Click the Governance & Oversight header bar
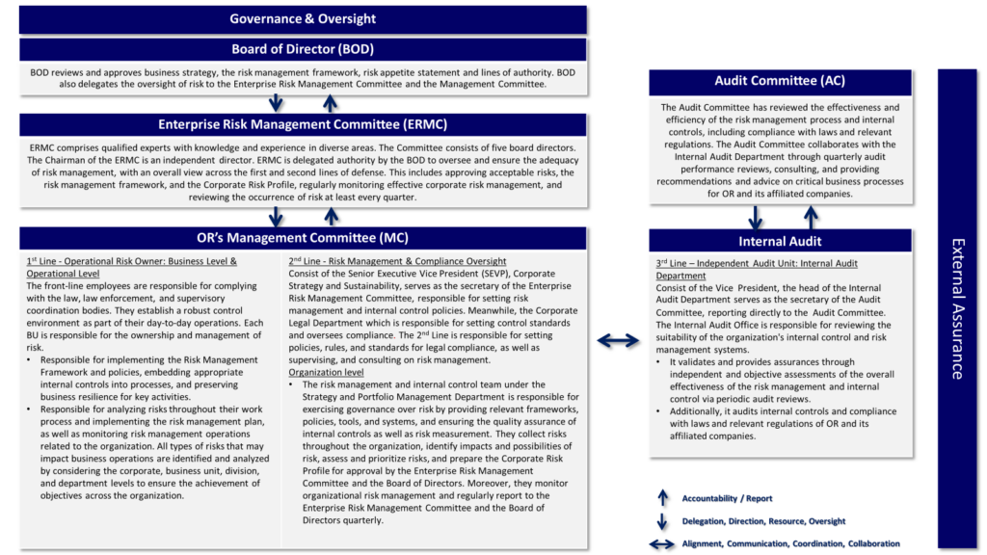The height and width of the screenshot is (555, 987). (303, 19)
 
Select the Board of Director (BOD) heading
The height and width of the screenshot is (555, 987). (303, 49)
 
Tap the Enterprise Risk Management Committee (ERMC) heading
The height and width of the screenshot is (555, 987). (303, 124)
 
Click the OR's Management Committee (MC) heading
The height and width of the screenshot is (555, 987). (303, 238)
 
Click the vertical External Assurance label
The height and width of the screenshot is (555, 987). (956, 308)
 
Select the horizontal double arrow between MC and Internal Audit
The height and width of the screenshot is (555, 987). (617, 340)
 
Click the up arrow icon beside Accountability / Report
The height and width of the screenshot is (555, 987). (662, 498)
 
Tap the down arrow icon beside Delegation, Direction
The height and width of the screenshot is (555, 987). (662, 521)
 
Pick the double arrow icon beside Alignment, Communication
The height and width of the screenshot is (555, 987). (662, 544)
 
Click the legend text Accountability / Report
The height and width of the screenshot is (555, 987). (727, 498)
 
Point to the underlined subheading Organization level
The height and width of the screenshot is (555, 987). (326, 372)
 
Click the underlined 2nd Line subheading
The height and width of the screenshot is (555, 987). (396, 261)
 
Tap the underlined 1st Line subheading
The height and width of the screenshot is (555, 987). (131, 267)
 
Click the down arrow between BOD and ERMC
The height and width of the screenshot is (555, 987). (277, 103)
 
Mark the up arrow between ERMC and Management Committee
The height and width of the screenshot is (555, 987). (330, 216)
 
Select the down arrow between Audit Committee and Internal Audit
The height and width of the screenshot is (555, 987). (757, 217)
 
